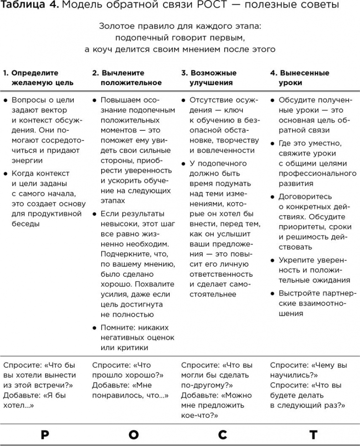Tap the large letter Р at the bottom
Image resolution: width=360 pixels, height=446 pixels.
[x=44, y=434]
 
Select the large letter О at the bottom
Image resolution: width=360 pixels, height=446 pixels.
[x=133, y=434]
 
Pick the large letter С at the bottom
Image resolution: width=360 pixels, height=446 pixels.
[x=222, y=434]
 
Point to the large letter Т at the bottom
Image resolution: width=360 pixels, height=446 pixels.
[x=312, y=434]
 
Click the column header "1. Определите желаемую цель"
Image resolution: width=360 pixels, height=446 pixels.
[x=38, y=78]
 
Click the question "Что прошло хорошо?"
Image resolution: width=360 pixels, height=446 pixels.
[x=128, y=370]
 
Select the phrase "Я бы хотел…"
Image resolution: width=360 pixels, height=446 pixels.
[x=35, y=400]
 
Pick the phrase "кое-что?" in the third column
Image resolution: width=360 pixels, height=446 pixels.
[x=200, y=415]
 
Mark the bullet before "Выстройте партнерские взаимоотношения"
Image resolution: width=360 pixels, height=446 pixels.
[x=272, y=293]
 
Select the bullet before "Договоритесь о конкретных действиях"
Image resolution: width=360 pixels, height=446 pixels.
[x=272, y=197]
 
